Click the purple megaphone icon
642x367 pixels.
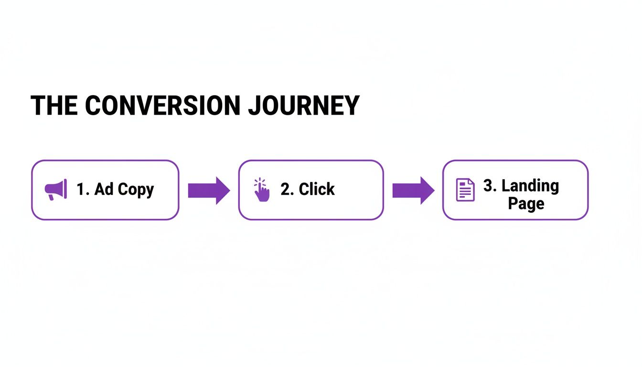click(x=55, y=190)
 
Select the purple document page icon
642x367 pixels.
click(x=465, y=190)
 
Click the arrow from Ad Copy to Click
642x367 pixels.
click(x=208, y=190)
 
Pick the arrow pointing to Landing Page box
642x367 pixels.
click(x=413, y=190)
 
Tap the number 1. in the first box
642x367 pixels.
click(x=83, y=189)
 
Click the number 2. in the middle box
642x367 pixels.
click(x=287, y=189)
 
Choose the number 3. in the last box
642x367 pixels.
click(x=491, y=185)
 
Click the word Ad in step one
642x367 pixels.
click(x=104, y=189)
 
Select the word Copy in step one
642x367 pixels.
click(x=136, y=190)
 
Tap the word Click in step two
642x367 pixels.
click(x=317, y=189)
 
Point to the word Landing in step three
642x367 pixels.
click(x=530, y=186)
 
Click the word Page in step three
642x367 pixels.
click(x=526, y=204)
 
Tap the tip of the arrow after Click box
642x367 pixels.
click(x=433, y=190)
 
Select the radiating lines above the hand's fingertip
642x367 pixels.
click(x=259, y=182)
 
